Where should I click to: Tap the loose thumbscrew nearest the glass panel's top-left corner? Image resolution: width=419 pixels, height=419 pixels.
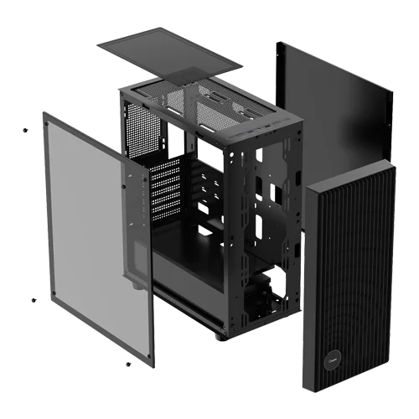coord(24,130)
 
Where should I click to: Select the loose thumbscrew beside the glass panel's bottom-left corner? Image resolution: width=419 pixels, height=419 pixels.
coord(33,300)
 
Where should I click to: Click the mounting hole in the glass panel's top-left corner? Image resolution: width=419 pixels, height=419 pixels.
coord(46,117)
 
